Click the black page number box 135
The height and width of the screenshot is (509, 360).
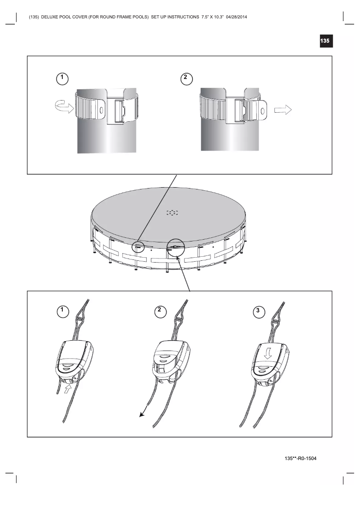point(325,41)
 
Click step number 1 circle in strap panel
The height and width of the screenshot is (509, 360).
point(62,78)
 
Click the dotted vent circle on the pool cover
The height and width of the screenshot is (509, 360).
point(172,213)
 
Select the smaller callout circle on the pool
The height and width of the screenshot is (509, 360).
point(138,246)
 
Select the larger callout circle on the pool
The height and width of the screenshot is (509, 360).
point(176,247)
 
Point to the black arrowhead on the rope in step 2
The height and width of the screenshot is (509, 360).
point(142,414)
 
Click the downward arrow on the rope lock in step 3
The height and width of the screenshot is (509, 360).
point(268,354)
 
